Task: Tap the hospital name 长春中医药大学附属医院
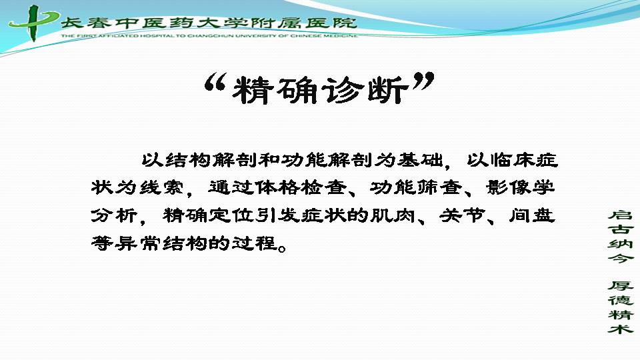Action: pos(209,23)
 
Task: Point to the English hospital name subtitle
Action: pos(209,36)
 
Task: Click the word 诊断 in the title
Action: pos(365,90)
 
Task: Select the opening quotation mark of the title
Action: pos(215,82)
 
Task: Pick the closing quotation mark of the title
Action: pos(423,81)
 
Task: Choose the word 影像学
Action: pos(521,187)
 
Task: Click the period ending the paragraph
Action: pos(281,247)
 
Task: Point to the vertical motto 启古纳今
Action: pos(621,236)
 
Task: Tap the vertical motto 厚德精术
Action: pos(621,307)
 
